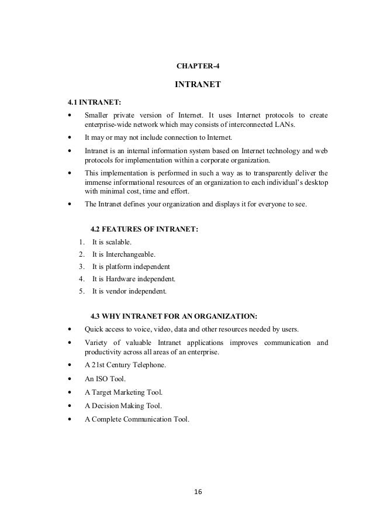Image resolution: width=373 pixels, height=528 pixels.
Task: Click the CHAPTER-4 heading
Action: (197, 64)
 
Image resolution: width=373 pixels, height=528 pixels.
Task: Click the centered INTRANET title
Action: (198, 85)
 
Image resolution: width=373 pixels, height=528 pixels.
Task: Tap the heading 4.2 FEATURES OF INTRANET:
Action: (145, 230)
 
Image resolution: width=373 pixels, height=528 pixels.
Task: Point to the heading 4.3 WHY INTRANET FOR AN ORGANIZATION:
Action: (174, 316)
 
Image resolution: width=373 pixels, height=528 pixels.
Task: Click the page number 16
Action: (198, 493)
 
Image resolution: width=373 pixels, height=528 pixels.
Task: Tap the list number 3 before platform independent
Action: (79, 267)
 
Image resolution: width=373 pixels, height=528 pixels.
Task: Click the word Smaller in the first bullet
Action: (98, 115)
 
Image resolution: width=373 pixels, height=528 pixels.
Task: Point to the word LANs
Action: (285, 125)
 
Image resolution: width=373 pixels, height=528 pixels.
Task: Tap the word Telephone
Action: (150, 365)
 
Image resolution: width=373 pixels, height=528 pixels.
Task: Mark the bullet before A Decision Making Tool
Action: (71, 405)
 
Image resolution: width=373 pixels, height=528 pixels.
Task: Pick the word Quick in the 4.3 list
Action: (95, 328)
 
